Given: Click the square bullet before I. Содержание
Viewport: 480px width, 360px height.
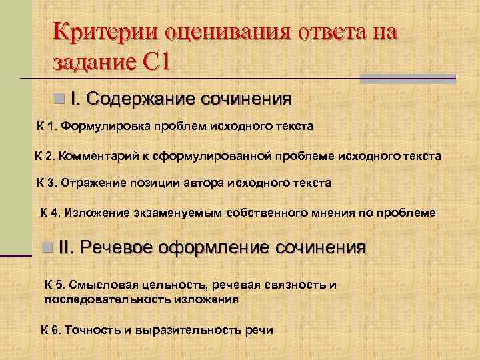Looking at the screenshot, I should pos(59,99).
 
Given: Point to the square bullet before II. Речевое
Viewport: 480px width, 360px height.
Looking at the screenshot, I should pos(46,248).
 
